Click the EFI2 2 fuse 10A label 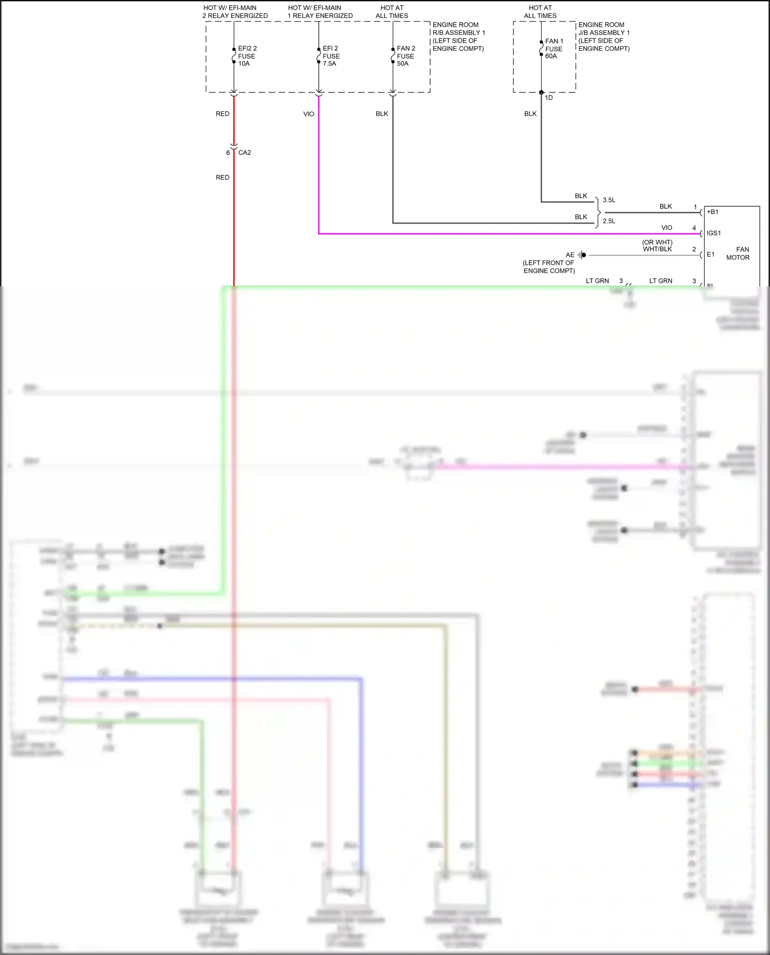pos(246,56)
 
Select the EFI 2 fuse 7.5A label pos(331,56)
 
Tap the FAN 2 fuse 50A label pos(406,56)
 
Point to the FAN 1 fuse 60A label pos(554,49)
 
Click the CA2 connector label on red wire pos(244,152)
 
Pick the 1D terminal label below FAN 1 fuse pos(549,98)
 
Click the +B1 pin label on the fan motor pos(713,211)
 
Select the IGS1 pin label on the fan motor pos(714,233)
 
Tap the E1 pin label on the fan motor pos(710,255)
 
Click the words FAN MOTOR pos(738,254)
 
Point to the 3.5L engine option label pos(609,200)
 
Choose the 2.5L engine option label pos(609,221)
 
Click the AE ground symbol pos(582,255)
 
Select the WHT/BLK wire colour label pos(657,249)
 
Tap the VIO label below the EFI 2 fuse pos(309,114)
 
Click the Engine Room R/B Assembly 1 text pos(458,36)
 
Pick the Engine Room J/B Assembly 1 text pos(604,36)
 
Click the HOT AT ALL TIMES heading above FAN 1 pos(540,12)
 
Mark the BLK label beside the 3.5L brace pos(581,196)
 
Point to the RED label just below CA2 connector pos(222,177)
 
